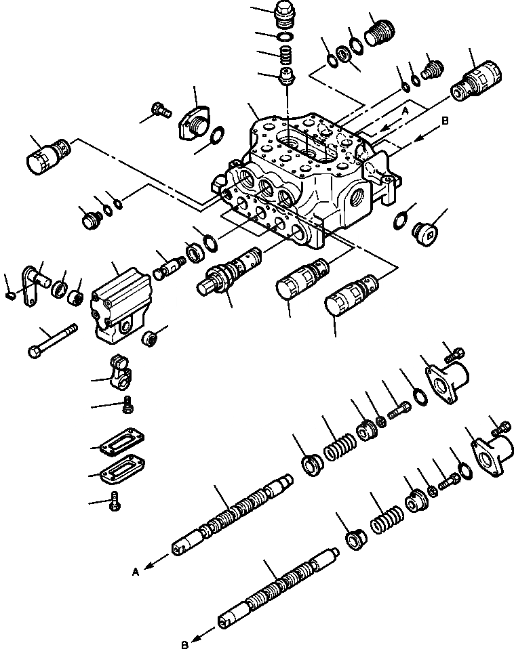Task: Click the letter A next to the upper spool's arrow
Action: tap(136, 572)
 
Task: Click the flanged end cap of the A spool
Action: tap(447, 379)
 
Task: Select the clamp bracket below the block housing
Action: tap(121, 372)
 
